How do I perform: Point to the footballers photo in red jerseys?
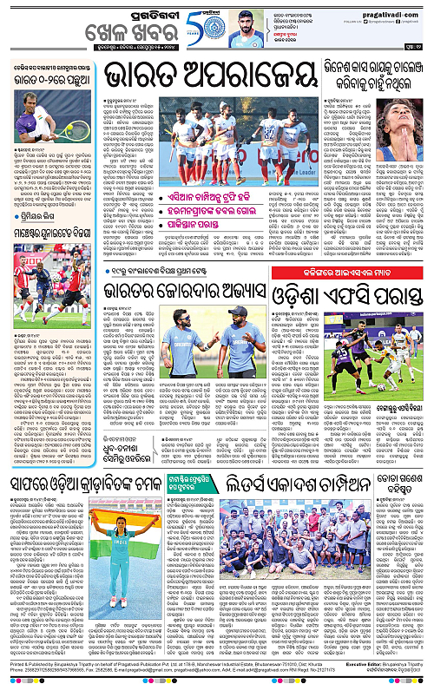[x=50, y=274]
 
